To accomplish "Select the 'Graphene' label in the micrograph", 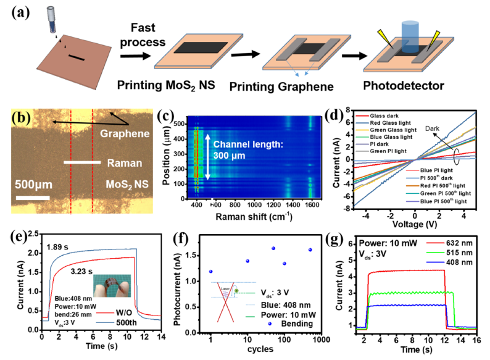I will click(125, 133).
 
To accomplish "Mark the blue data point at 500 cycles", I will click(327, 250).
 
